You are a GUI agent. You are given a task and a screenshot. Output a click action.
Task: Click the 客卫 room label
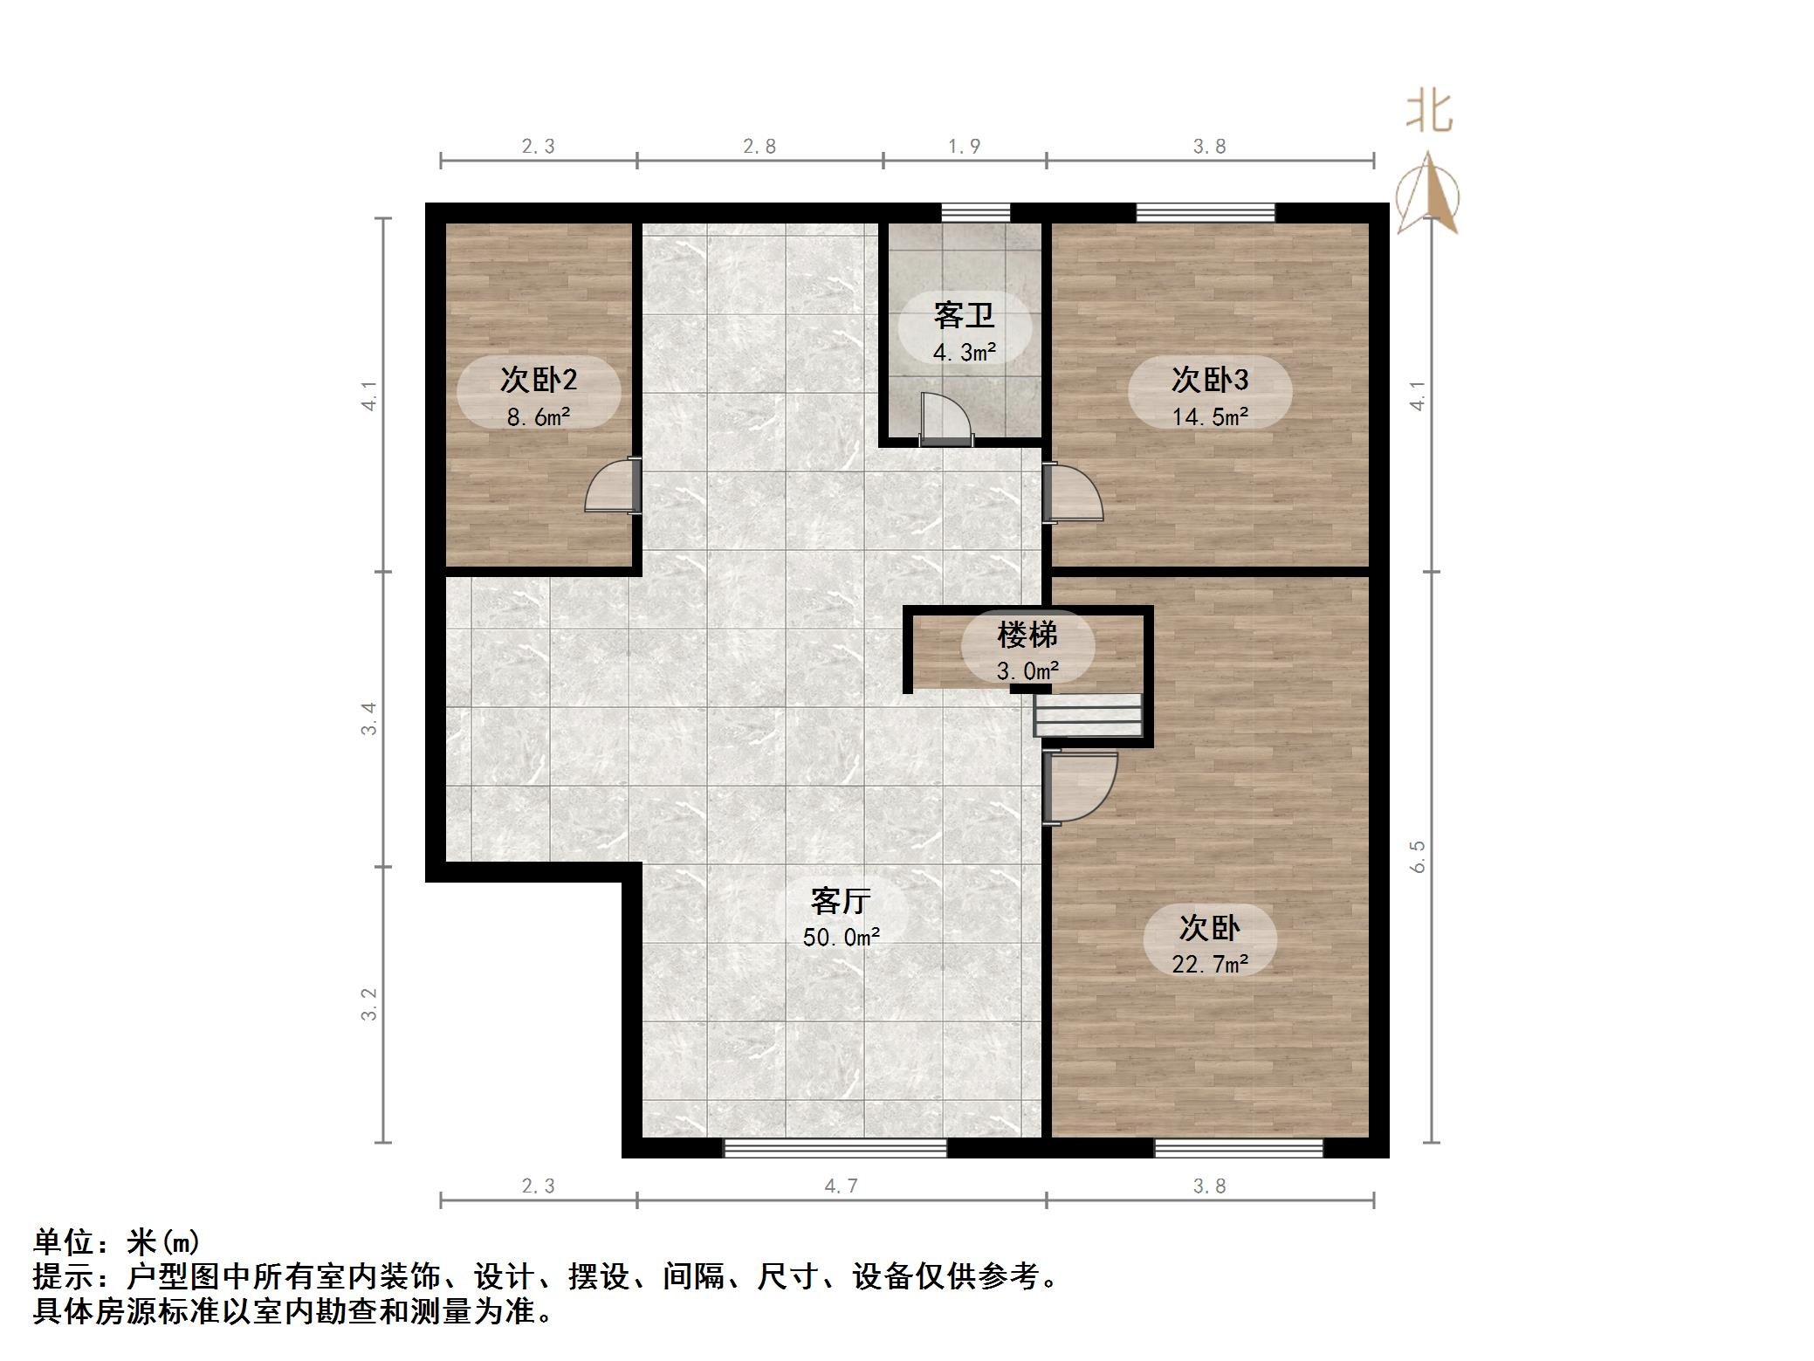pyautogui.click(x=964, y=315)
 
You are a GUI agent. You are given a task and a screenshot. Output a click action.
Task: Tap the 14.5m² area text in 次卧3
pyautogui.click(x=1209, y=417)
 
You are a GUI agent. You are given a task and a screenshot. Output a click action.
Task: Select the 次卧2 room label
pyautogui.click(x=538, y=380)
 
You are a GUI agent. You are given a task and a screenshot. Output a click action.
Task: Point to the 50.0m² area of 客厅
pyautogui.click(x=841, y=938)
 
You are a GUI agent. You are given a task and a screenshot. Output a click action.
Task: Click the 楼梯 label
pyautogui.click(x=1027, y=635)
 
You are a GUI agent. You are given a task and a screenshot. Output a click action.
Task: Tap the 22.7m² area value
pyautogui.click(x=1209, y=964)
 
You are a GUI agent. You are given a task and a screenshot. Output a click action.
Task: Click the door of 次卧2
pyautogui.click(x=614, y=487)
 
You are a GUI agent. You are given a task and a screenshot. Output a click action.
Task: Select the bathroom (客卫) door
pyautogui.click(x=946, y=419)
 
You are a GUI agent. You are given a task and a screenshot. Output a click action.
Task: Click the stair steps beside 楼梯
pyautogui.click(x=1089, y=715)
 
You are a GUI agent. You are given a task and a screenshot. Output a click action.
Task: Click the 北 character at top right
pyautogui.click(x=1429, y=113)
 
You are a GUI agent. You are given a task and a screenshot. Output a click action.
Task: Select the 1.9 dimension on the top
pyautogui.click(x=964, y=147)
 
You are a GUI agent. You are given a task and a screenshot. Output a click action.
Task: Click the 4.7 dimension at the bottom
pyautogui.click(x=841, y=1186)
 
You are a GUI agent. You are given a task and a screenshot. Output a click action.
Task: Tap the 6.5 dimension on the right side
pyautogui.click(x=1418, y=856)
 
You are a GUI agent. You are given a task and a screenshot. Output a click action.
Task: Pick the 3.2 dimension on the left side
pyautogui.click(x=370, y=1004)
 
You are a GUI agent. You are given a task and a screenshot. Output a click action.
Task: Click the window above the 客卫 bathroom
pyautogui.click(x=975, y=212)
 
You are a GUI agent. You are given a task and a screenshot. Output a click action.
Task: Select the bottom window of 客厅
pyautogui.click(x=835, y=1148)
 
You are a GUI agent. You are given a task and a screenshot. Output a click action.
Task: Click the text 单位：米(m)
pyautogui.click(x=117, y=1241)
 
